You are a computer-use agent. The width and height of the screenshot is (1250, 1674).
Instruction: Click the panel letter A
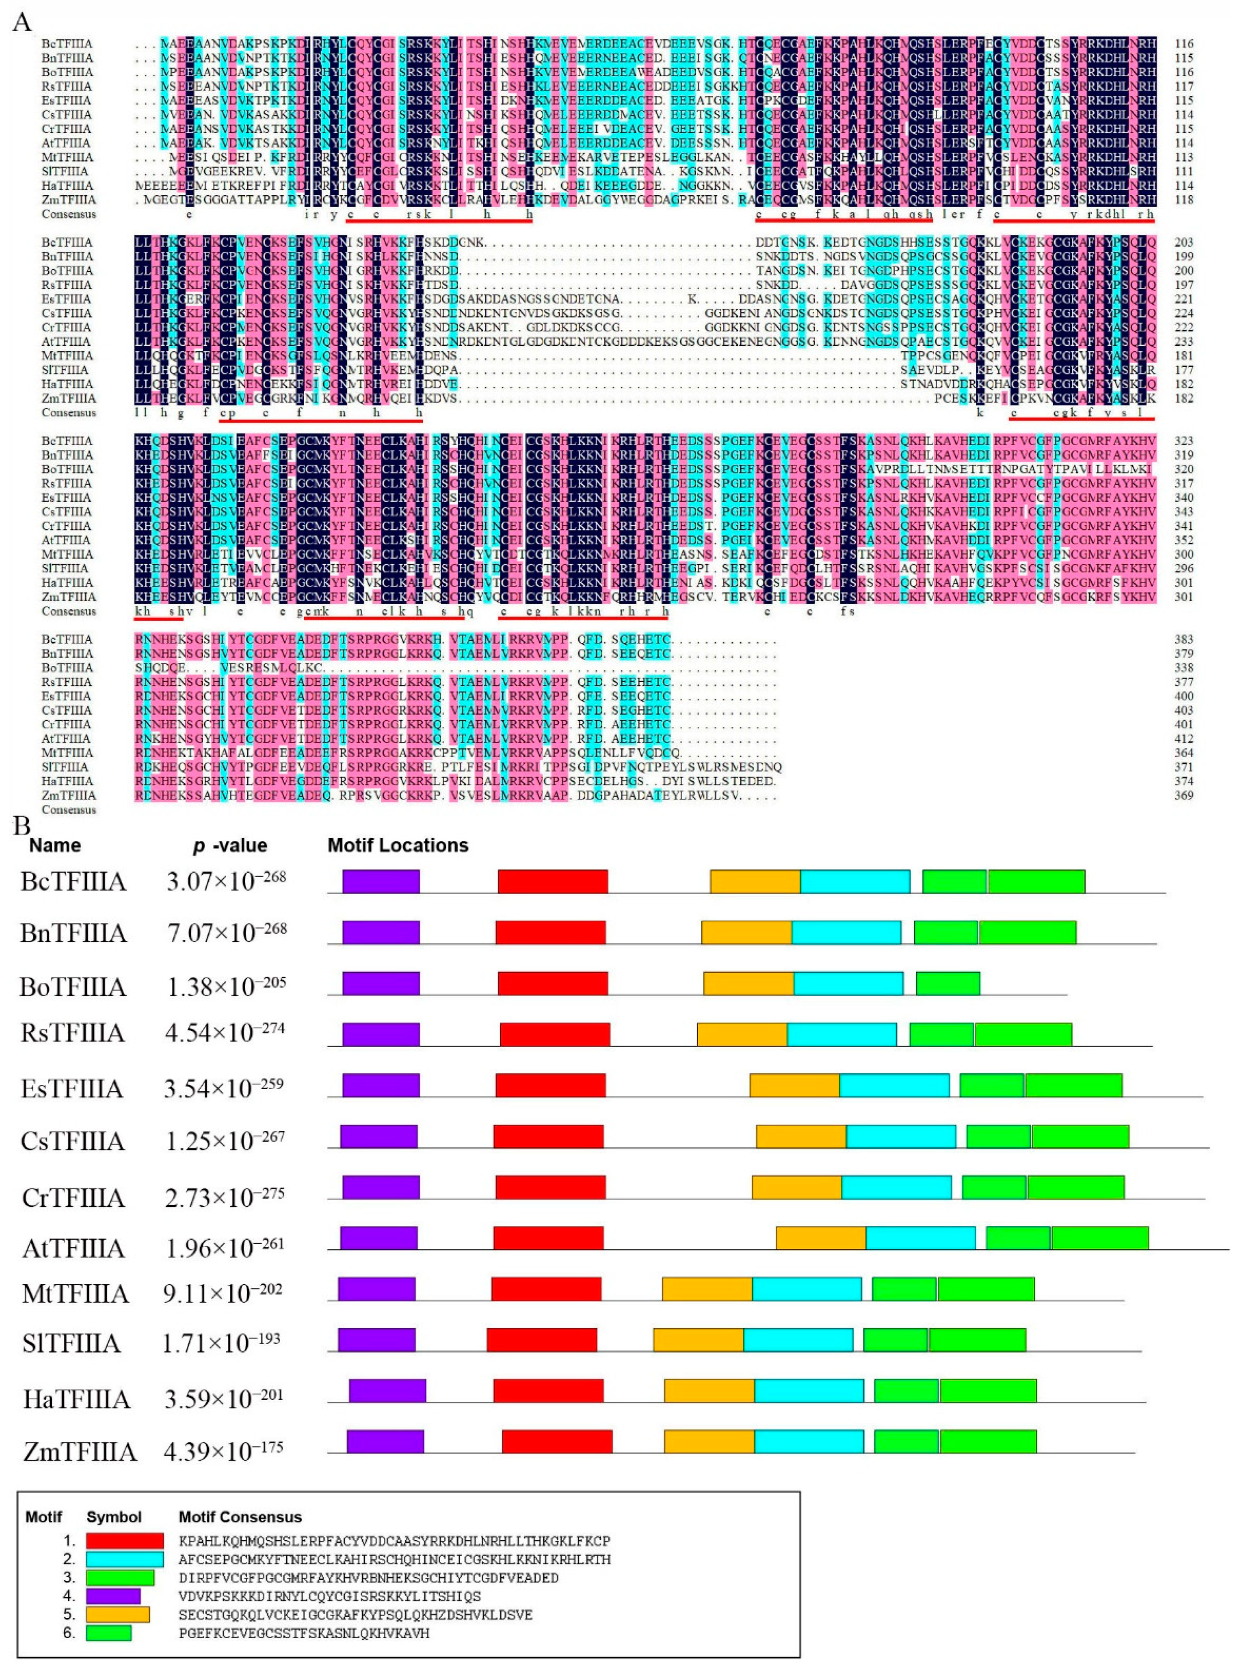point(23,21)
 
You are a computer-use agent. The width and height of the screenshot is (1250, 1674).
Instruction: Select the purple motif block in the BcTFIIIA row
point(380,881)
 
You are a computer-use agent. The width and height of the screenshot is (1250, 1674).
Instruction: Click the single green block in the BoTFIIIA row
point(947,983)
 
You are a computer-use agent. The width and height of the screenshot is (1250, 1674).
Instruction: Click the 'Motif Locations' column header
point(398,845)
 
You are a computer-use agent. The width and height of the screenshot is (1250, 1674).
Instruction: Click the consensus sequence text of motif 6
point(304,1633)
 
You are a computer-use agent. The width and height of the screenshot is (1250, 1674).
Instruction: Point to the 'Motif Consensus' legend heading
point(240,1517)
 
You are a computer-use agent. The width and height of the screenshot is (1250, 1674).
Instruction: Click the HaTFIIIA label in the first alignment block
point(68,185)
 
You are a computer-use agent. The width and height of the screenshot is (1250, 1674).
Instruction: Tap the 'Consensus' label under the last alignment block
point(69,810)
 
